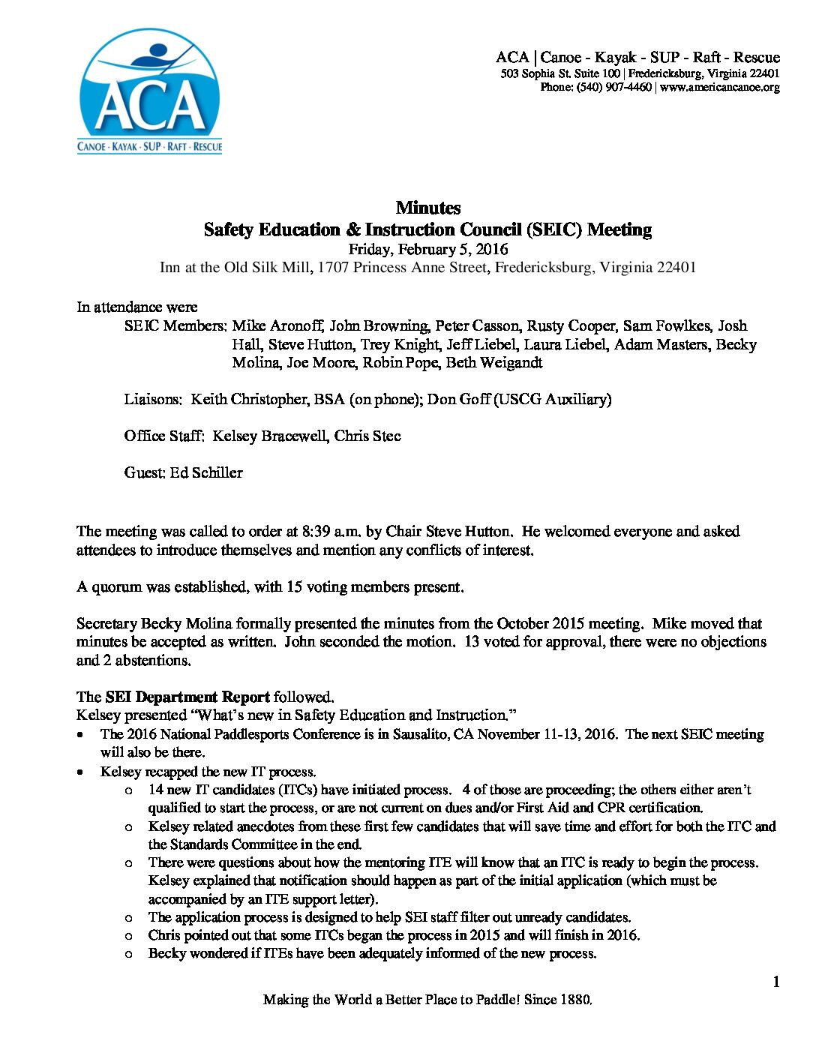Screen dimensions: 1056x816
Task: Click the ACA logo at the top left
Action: coord(150,91)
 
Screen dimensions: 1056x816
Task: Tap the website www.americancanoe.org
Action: coord(720,87)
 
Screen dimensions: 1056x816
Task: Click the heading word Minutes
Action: coord(427,208)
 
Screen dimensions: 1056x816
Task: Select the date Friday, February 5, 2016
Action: coord(427,249)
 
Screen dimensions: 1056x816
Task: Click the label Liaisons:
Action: coord(153,399)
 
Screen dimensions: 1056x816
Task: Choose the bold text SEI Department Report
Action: coord(187,697)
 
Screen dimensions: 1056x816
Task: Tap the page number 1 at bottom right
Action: coord(776,982)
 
